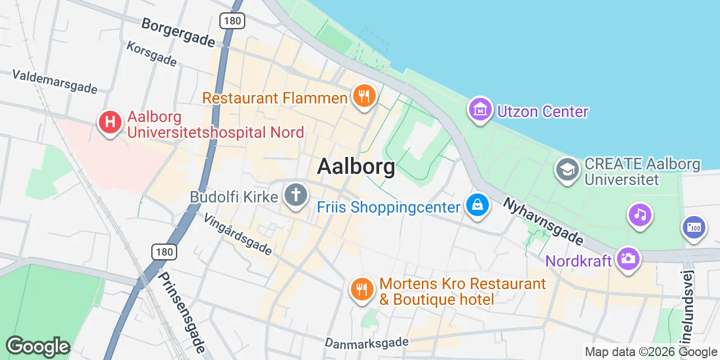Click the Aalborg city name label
(x=355, y=166)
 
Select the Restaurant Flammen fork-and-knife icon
(x=364, y=97)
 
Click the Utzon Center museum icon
(x=480, y=110)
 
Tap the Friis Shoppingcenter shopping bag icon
(x=477, y=205)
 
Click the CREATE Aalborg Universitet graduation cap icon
(x=567, y=169)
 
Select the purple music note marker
(x=640, y=215)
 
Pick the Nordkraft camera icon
(x=628, y=259)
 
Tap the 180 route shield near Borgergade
(x=231, y=21)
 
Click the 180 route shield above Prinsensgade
(x=164, y=251)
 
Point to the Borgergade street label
(x=178, y=33)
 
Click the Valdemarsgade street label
(x=55, y=82)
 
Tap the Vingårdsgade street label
(x=237, y=233)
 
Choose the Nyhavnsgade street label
(x=543, y=220)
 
